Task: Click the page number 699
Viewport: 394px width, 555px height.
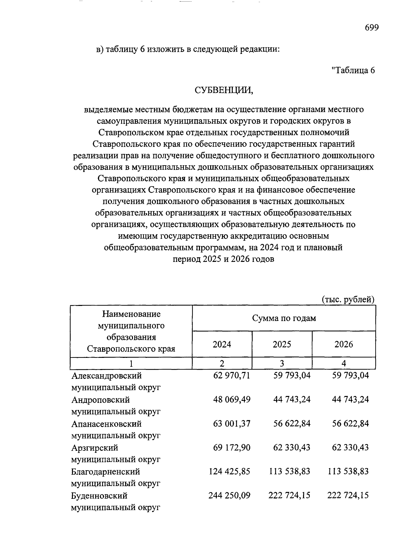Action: click(x=372, y=28)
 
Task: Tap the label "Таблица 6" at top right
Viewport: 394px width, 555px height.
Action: click(x=353, y=70)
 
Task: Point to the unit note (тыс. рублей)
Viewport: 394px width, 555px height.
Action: click(x=348, y=299)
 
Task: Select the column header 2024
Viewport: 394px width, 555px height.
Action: click(x=222, y=344)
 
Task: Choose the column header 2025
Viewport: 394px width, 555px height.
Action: click(x=282, y=344)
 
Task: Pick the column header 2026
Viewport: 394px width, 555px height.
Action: click(x=344, y=344)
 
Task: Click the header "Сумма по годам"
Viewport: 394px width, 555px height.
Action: click(x=284, y=318)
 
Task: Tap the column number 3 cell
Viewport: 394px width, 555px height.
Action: click(x=282, y=363)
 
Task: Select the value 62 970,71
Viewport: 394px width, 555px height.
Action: click(x=232, y=375)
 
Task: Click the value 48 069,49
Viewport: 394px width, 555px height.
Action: click(x=232, y=399)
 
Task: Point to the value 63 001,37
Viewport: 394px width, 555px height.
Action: click(x=232, y=423)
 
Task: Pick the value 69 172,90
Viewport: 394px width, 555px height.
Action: click(x=232, y=447)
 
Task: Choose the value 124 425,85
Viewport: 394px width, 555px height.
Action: click(x=230, y=471)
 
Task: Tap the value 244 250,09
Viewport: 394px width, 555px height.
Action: click(x=230, y=495)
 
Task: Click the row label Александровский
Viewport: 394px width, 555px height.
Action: click(x=107, y=375)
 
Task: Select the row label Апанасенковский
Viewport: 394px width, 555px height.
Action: click(x=107, y=424)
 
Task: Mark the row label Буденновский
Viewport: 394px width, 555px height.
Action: click(x=99, y=496)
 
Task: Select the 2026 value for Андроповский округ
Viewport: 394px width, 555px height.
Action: click(x=351, y=399)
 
